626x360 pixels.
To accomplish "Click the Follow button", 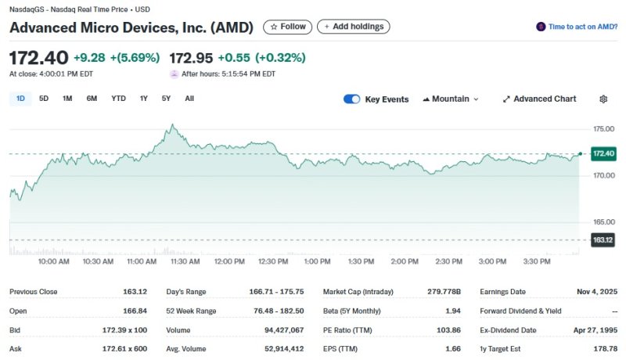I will [x=287, y=27].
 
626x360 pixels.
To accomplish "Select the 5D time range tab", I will [x=44, y=99].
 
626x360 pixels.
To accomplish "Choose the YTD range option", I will [x=118, y=99].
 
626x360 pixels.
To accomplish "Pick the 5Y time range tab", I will [x=166, y=99].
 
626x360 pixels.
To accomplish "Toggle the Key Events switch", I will [x=352, y=99].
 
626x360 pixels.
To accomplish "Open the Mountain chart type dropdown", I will [x=450, y=99].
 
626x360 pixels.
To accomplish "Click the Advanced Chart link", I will [x=539, y=99].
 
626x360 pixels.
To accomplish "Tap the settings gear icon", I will [x=603, y=99].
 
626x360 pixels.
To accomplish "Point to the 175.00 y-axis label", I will [x=604, y=128].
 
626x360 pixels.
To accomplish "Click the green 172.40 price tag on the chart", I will [x=604, y=153].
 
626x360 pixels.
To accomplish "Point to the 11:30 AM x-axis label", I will [x=185, y=261].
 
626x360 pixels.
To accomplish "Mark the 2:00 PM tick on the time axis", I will [x=405, y=261].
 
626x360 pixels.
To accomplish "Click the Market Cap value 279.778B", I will [x=444, y=292].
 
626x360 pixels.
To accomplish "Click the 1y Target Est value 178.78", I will [x=605, y=349].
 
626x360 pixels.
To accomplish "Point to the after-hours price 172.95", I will [x=190, y=58].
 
